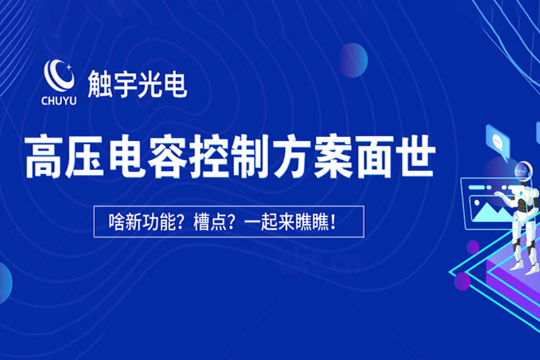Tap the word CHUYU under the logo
tap(59, 101)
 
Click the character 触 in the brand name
tap(99, 84)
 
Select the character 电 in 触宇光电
tap(175, 84)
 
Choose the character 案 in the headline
tap(333, 157)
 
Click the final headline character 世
tap(415, 157)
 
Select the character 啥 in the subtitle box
tap(115, 222)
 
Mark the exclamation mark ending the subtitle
tap(333, 222)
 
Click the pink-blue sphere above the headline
tap(353, 60)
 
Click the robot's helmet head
tap(524, 171)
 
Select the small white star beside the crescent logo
tap(69, 67)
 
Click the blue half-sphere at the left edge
tap(5, 282)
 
